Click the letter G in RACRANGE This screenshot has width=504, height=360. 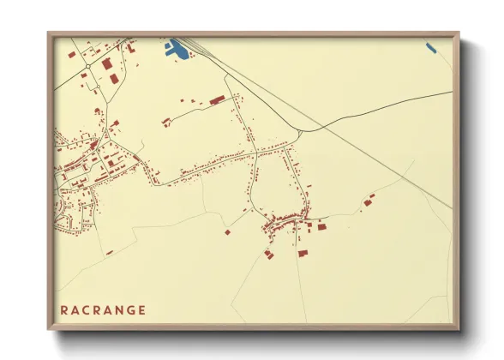(128, 310)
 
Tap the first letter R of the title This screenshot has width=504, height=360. (65, 310)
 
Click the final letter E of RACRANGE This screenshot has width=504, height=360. (141, 310)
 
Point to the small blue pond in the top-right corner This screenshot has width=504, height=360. (431, 48)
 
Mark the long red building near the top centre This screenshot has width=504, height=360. (216, 100)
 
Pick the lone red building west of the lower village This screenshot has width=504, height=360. (228, 231)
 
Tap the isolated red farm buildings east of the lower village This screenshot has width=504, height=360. (369, 202)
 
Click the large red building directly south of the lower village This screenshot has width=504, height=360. (303, 252)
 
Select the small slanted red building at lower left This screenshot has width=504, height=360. (110, 252)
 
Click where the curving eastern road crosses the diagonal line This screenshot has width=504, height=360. (323, 127)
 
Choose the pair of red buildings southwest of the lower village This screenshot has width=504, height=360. (269, 254)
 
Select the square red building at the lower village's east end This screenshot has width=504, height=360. (322, 227)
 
